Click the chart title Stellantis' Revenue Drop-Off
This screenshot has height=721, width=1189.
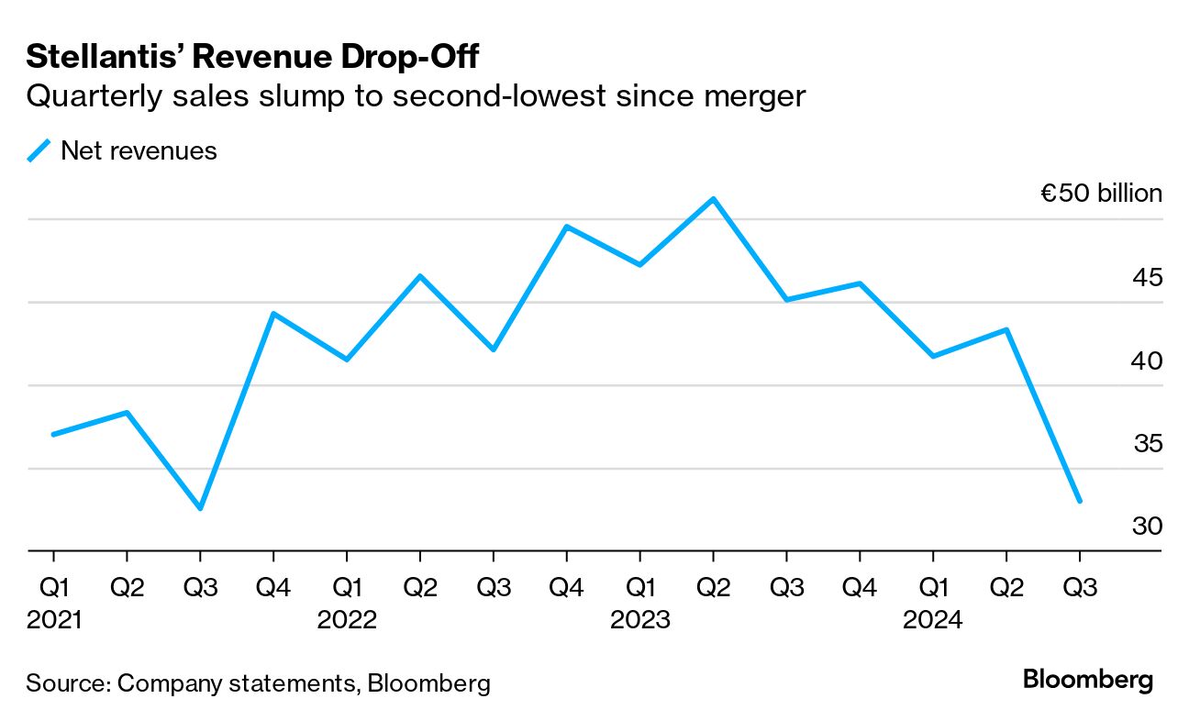pos(252,57)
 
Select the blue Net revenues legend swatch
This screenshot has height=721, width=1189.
pos(39,150)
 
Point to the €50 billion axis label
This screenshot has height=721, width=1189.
pos(1101,194)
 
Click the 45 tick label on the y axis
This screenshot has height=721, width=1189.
pos(1147,277)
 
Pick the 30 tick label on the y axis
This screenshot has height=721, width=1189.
pos(1147,527)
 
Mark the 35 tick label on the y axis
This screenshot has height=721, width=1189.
pos(1147,444)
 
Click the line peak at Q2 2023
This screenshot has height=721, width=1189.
pos(713,198)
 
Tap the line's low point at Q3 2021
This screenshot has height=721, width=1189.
pos(200,508)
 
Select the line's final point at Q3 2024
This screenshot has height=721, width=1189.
pos(1079,501)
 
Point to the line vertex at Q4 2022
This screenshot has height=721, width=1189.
pos(566,227)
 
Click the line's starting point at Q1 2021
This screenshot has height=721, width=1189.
pos(53,434)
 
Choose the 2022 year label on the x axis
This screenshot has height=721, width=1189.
pos(347,621)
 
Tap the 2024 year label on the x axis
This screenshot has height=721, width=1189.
pos(933,621)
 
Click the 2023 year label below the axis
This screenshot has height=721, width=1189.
pos(640,621)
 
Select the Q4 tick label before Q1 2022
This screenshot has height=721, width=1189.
pos(273,587)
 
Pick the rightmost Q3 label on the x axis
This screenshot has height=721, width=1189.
pos(1079,587)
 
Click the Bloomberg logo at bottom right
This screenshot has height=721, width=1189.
pos(1088,681)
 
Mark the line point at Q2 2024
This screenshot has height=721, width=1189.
pos(1006,329)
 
